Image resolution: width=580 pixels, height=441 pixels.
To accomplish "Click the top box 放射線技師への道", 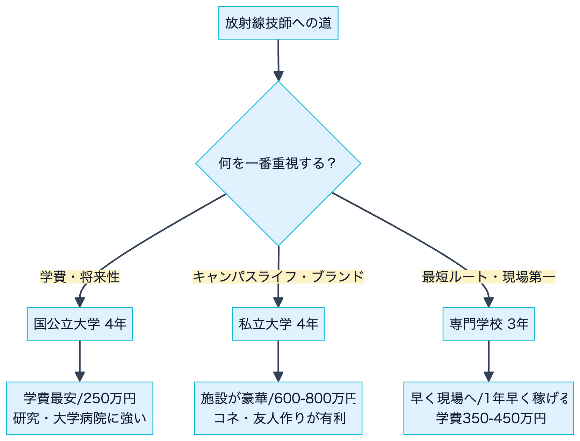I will tap(278, 23).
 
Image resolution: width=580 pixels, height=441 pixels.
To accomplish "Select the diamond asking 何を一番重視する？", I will tap(278, 163).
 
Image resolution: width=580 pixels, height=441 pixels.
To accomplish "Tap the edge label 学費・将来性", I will tap(80, 277).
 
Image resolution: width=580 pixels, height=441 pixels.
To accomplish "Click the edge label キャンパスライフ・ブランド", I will tap(278, 277).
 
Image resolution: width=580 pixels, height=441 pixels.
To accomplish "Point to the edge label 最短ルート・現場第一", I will tap(488, 277).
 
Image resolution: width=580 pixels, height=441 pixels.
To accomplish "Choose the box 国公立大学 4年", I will tap(80, 324).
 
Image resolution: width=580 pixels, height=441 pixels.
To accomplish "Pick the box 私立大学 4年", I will tap(278, 324).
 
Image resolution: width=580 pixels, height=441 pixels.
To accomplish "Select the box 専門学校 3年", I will tap(488, 324).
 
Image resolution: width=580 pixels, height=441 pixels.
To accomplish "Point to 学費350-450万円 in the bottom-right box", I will tap(491, 418).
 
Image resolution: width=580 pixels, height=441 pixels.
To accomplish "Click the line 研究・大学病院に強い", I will tap(80, 418).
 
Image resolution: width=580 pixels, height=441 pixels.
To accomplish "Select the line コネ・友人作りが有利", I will tap(280, 418).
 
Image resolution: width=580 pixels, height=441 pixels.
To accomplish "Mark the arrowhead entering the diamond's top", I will tap(278, 76).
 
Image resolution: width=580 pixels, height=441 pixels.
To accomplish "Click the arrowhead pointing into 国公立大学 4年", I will tap(80, 302).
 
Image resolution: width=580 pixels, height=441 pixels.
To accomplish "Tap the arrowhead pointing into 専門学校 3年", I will tap(488, 302).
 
